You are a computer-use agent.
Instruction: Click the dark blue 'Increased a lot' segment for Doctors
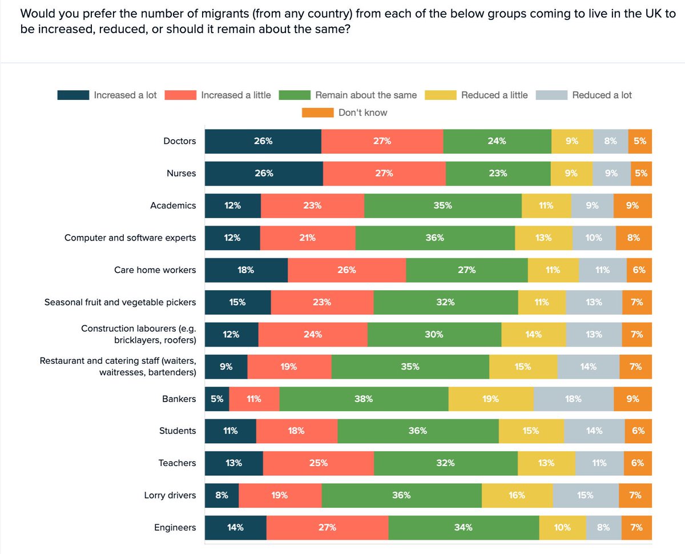click(263, 141)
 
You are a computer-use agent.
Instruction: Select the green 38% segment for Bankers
click(364, 399)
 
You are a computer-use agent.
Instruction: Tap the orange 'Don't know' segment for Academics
click(632, 206)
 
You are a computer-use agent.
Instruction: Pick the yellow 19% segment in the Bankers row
click(491, 399)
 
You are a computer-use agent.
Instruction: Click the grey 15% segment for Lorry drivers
click(585, 495)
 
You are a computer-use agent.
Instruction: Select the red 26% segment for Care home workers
click(346, 270)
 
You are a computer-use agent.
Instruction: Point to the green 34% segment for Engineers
click(464, 528)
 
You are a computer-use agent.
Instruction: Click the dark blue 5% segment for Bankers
click(217, 399)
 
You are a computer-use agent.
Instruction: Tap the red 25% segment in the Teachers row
click(318, 463)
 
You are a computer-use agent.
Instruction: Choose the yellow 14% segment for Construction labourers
click(534, 335)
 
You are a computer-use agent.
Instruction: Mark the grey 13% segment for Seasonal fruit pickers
click(594, 302)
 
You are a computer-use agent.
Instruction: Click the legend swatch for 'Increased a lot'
click(73, 95)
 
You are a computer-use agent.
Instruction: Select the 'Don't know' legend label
click(362, 113)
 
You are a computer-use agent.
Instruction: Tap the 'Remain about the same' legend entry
click(366, 95)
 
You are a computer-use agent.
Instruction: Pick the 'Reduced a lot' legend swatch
click(552, 95)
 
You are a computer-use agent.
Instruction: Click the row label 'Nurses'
click(181, 173)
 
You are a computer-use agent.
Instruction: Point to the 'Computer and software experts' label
click(130, 238)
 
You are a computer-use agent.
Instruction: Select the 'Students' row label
click(178, 431)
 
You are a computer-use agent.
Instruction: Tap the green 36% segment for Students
click(418, 431)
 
